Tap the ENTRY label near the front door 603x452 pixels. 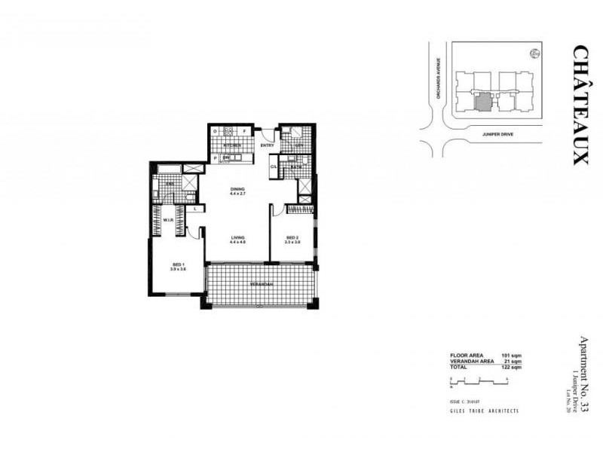coord(267,145)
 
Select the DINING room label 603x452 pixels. coord(238,188)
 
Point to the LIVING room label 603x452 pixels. coord(238,237)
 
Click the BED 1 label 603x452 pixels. coord(179,265)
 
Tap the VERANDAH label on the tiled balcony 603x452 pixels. coord(261,284)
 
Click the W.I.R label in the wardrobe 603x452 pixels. coord(170,220)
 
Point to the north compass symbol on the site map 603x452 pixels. coord(534,53)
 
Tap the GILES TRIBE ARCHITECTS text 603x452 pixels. coord(483,411)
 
